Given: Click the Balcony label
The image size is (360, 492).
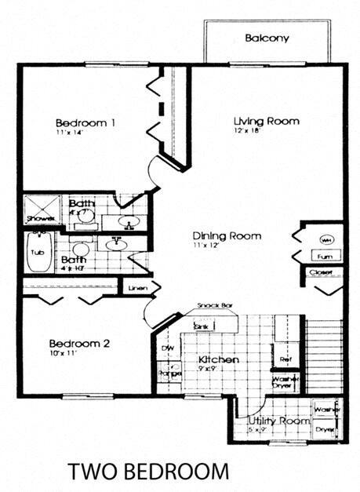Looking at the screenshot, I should point(267,38).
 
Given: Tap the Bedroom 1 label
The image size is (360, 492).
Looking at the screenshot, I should point(85,122).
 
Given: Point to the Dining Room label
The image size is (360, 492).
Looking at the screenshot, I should point(227,235).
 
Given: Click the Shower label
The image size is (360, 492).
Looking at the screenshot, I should point(36,219).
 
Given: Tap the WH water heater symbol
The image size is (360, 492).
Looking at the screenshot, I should point(325,239).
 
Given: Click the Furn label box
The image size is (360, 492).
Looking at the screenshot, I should point(325,257).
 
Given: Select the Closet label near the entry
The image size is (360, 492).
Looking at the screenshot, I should point(322,273).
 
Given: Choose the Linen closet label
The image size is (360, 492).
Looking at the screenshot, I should point(136,289).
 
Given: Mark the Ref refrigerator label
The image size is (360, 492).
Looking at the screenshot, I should point(286,359).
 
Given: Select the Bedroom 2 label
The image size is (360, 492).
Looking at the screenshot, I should point(79,344).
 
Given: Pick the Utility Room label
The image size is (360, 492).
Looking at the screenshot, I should point(273,421).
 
